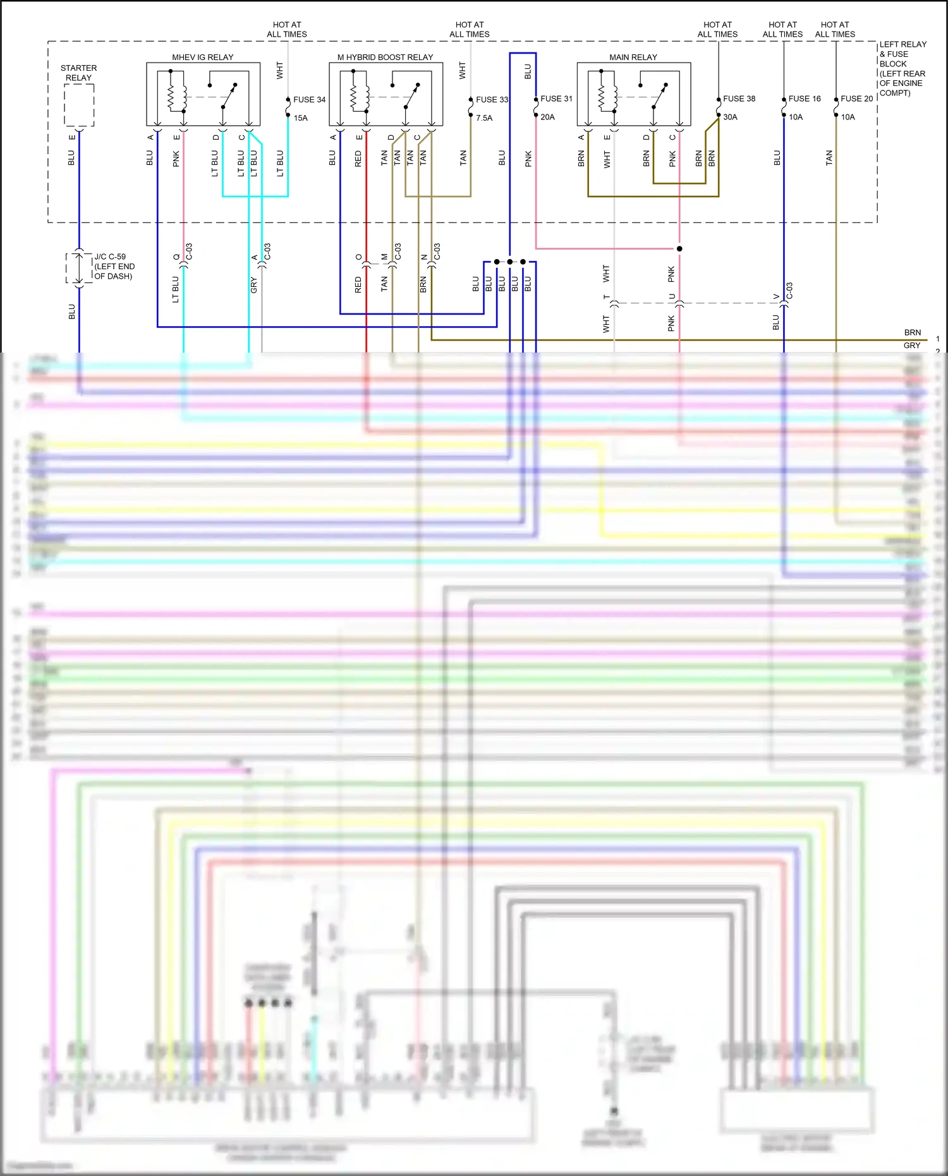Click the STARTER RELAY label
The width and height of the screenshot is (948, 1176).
pyautogui.click(x=78, y=73)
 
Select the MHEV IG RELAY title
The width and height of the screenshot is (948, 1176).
pyautogui.click(x=202, y=57)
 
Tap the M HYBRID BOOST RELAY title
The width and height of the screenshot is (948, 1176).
pyautogui.click(x=385, y=57)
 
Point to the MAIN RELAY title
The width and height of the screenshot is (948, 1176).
pyautogui.click(x=633, y=57)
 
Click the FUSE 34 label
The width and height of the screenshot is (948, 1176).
pyautogui.click(x=309, y=99)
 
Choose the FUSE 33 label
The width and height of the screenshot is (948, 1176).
pyautogui.click(x=492, y=99)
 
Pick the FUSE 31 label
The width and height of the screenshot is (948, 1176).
pyautogui.click(x=556, y=99)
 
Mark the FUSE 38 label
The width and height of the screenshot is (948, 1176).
pyautogui.click(x=739, y=99)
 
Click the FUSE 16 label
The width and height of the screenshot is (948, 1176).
pyautogui.click(x=804, y=99)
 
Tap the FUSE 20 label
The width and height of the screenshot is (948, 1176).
pyautogui.click(x=856, y=99)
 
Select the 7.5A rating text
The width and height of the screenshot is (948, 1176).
pyautogui.click(x=484, y=118)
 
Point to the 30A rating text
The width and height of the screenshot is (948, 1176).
pyautogui.click(x=730, y=117)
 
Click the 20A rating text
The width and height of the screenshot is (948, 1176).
pyautogui.click(x=547, y=117)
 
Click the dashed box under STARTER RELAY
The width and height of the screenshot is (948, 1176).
pyautogui.click(x=79, y=105)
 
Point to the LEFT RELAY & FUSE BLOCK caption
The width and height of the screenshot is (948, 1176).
pyautogui.click(x=902, y=68)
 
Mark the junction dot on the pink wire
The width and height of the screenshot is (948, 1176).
pyautogui.click(x=679, y=248)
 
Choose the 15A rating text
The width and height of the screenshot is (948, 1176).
pyautogui.click(x=300, y=118)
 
